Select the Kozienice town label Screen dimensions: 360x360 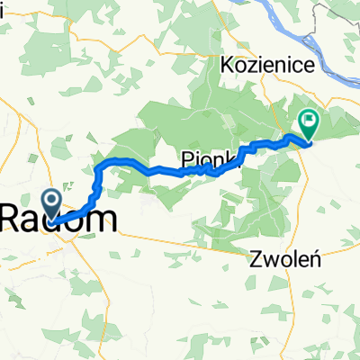point(263,65)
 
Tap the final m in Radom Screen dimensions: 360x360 point(103,217)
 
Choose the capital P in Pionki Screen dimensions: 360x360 point(187,153)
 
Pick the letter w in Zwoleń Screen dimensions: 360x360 point(266,260)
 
